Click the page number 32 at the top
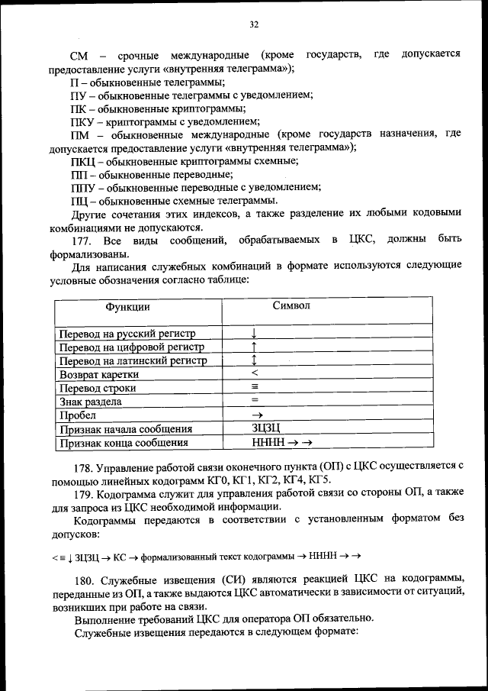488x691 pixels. click(254, 24)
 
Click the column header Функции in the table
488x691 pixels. click(127, 307)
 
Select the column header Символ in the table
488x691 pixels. click(291, 305)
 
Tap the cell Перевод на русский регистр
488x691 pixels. click(127, 334)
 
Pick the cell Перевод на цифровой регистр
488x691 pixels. click(132, 347)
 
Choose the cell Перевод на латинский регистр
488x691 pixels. click(133, 361)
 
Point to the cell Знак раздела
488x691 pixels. click(91, 402)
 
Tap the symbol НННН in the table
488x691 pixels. click(267, 442)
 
